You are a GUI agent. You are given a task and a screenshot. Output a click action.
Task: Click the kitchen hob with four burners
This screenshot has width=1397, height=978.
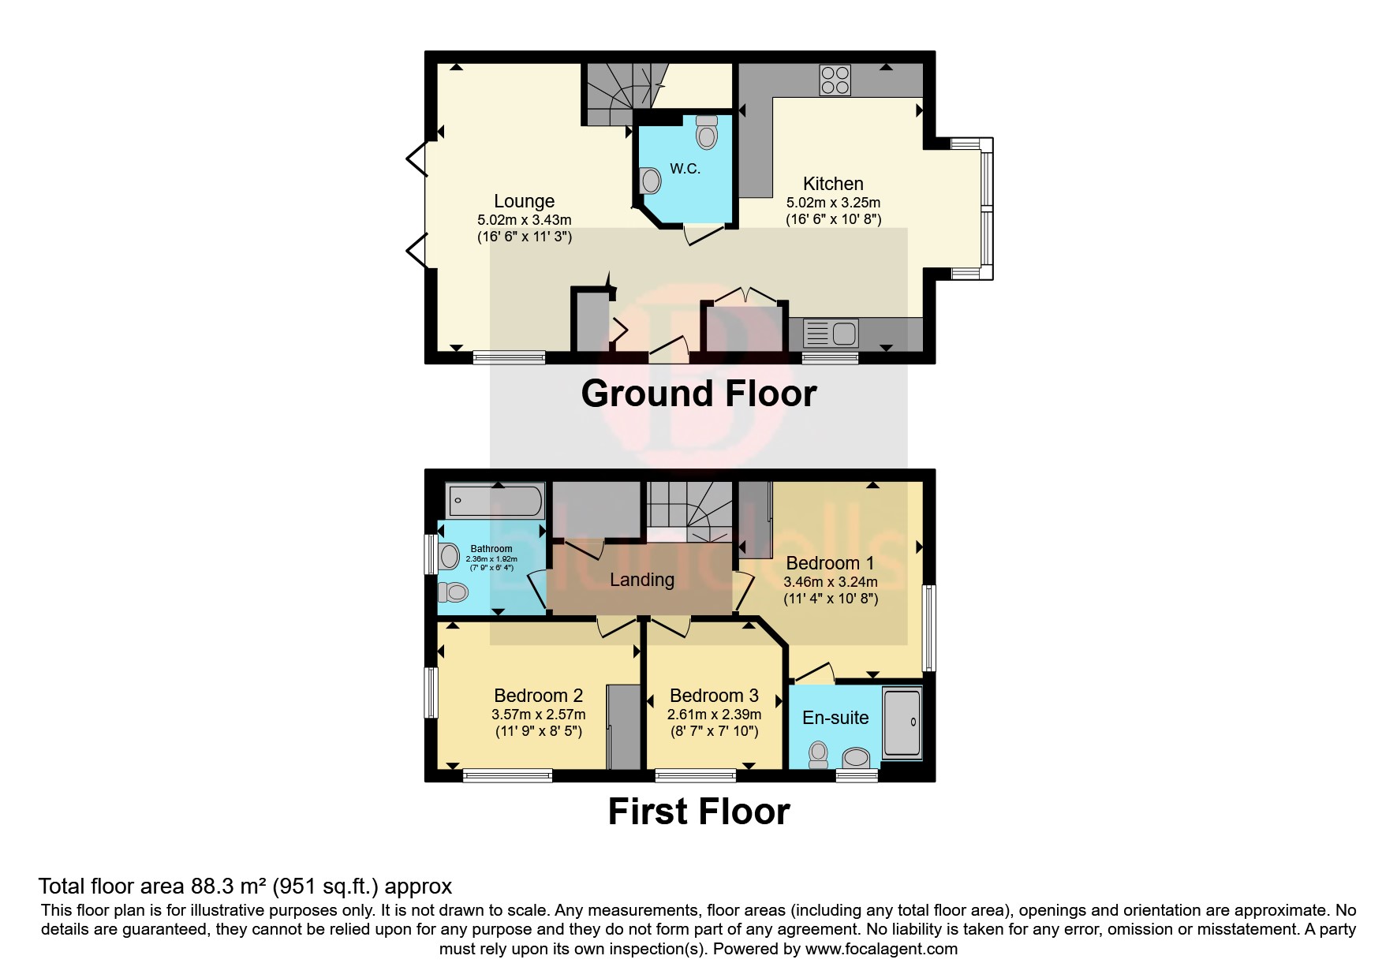pyautogui.click(x=835, y=80)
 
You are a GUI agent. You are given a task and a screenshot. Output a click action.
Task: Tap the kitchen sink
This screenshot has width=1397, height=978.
pyautogui.click(x=830, y=334)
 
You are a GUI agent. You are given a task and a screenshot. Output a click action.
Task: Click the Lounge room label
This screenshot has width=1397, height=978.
pyautogui.click(x=524, y=201)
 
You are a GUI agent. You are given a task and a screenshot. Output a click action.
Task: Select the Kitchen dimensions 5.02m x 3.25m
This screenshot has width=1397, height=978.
pyautogui.click(x=833, y=203)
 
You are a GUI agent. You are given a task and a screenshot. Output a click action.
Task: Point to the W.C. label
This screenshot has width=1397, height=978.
pyautogui.click(x=685, y=169)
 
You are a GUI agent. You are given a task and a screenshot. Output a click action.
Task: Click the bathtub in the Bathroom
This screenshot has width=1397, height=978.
pyautogui.click(x=495, y=501)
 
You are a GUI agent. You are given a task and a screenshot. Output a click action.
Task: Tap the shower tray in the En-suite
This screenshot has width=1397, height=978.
pyautogui.click(x=902, y=723)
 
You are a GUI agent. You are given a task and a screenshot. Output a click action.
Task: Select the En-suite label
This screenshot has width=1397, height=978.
pyautogui.click(x=835, y=718)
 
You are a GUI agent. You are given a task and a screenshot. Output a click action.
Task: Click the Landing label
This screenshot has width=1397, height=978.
pyautogui.click(x=641, y=580)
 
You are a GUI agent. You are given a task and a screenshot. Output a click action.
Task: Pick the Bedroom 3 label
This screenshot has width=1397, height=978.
pyautogui.click(x=714, y=696)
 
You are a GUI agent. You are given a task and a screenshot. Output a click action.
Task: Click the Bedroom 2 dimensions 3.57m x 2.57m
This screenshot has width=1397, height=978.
pyautogui.click(x=538, y=715)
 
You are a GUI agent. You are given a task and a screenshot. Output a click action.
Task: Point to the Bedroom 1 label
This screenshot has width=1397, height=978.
pyautogui.click(x=830, y=563)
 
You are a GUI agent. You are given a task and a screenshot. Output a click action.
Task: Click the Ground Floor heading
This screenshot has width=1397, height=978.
pyautogui.click(x=698, y=394)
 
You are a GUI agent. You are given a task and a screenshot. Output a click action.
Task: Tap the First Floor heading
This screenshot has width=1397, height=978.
pyautogui.click(x=698, y=812)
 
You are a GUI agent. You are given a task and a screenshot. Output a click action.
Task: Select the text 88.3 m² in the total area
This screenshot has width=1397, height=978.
pyautogui.click(x=229, y=887)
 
